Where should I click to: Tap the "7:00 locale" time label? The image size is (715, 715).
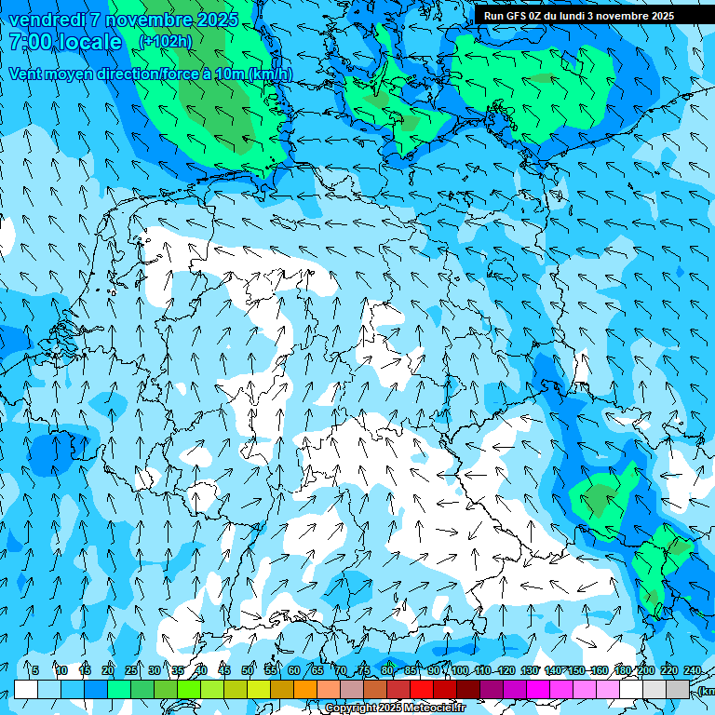coord(65,42)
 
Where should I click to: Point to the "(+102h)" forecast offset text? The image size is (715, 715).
coord(165,42)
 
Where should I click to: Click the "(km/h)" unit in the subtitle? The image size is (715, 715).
coord(269,74)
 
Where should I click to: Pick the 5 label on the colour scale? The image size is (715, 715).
coord(34,670)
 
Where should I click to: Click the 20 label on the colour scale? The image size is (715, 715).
coord(107,670)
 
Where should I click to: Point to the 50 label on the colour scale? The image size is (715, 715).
coord(248,670)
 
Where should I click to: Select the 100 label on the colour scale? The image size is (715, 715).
coord(460,670)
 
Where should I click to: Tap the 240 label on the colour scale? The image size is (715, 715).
coord(692,670)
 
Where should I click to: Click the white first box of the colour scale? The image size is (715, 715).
coord(26,689)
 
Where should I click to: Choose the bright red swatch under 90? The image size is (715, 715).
coord(422,689)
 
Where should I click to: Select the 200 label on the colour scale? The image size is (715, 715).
coord(645,670)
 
